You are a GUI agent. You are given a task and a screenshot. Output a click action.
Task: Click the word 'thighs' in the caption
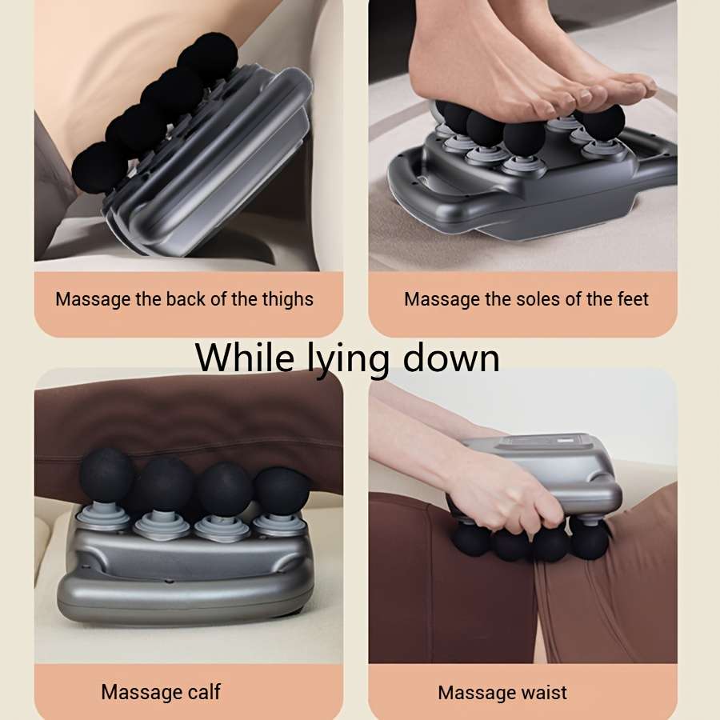pos(287,300)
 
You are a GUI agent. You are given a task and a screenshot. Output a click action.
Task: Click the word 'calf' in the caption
pos(205,692)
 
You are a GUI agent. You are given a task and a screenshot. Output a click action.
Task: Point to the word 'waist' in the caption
pos(543,693)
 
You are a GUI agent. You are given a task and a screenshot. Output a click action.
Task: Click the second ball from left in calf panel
pos(166,483)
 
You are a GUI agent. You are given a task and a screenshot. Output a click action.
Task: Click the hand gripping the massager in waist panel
pos(512,496)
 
